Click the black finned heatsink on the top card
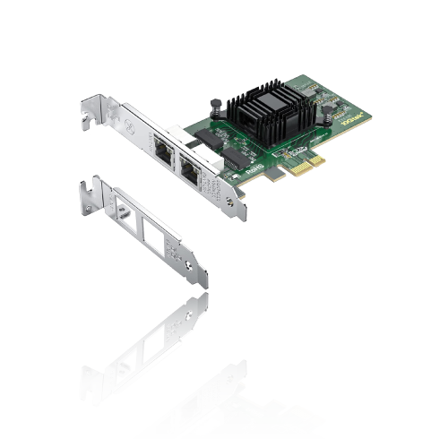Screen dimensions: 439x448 [266, 108]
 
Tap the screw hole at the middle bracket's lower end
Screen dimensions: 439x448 [186, 263]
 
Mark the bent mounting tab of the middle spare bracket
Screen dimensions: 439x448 [89, 190]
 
